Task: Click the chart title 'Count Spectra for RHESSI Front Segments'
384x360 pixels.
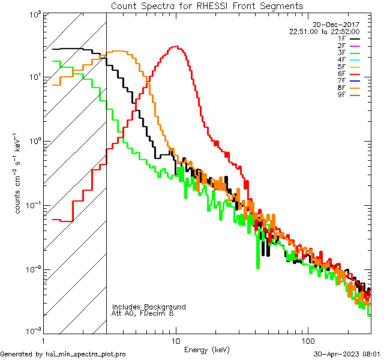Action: [x=207, y=6]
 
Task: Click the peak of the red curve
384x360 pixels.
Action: [x=175, y=47]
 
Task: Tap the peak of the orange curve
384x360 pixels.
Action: [x=119, y=52]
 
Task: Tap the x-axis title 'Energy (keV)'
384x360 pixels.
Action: [x=207, y=349]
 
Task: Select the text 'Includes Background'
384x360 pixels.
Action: [x=149, y=307]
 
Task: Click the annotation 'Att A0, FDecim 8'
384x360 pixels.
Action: [x=143, y=314]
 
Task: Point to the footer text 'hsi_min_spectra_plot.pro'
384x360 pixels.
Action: [x=86, y=355]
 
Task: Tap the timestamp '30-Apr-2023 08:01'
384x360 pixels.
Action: [x=347, y=355]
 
